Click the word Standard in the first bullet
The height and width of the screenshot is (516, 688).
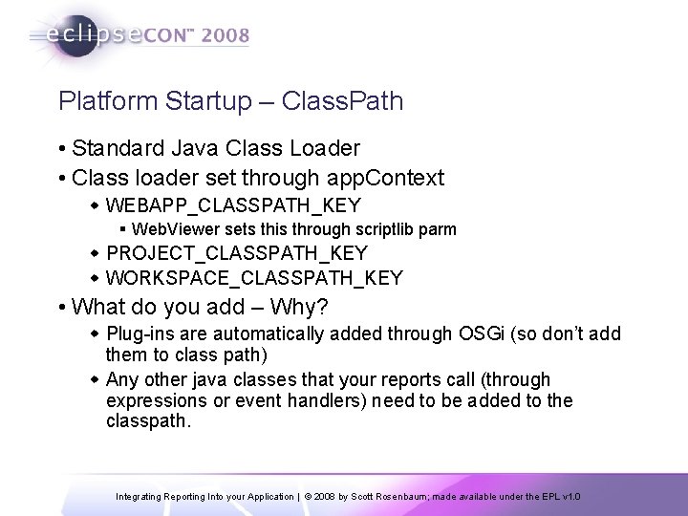pyautogui.click(x=113, y=148)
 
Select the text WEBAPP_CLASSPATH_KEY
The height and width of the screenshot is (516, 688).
pyautogui.click(x=233, y=204)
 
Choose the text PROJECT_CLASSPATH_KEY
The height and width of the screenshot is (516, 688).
pyautogui.click(x=237, y=253)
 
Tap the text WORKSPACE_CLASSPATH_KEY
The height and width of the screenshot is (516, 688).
pyautogui.click(x=254, y=278)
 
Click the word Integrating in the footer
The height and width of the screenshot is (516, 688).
pyautogui.click(x=140, y=497)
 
